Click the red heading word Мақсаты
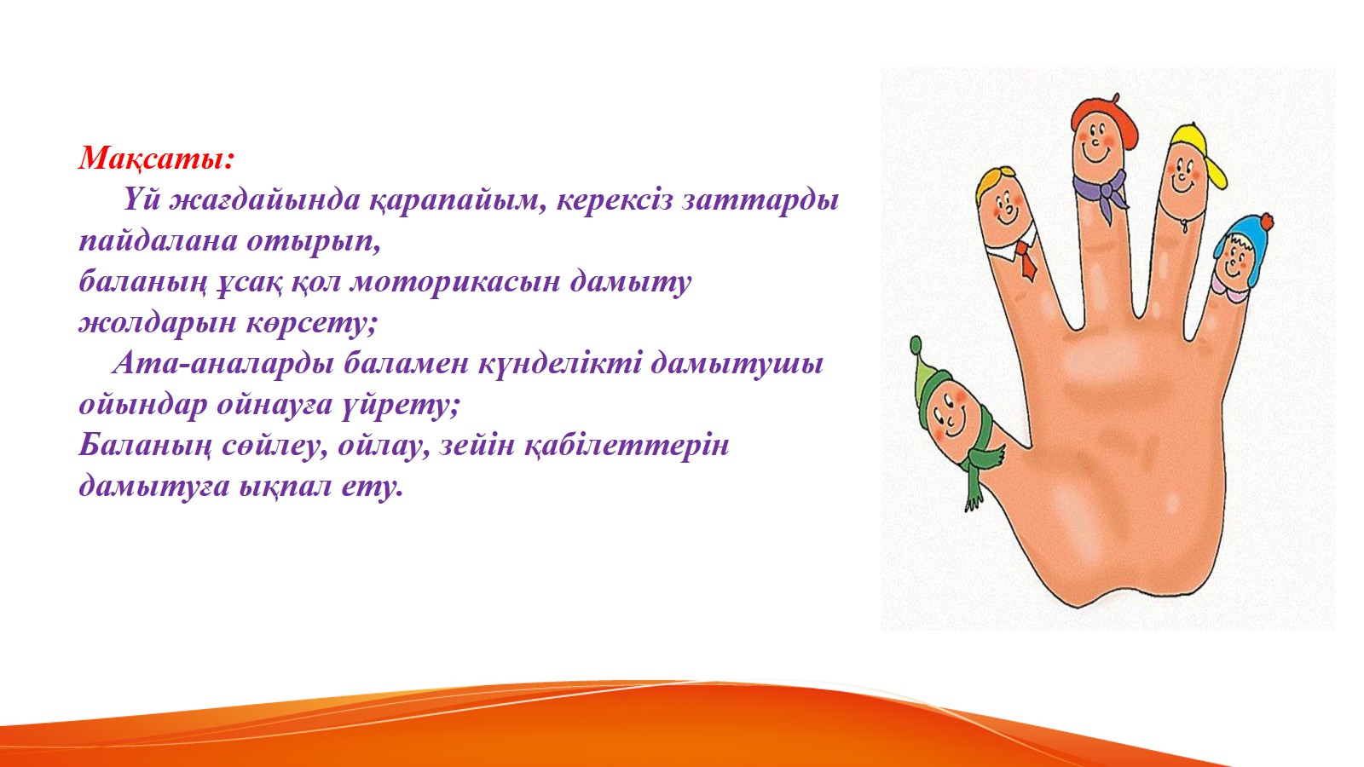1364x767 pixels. tap(155, 159)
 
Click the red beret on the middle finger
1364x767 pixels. tap(1105, 118)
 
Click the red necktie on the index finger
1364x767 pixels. tap(1026, 258)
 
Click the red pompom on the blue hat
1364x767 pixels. tap(1266, 222)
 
